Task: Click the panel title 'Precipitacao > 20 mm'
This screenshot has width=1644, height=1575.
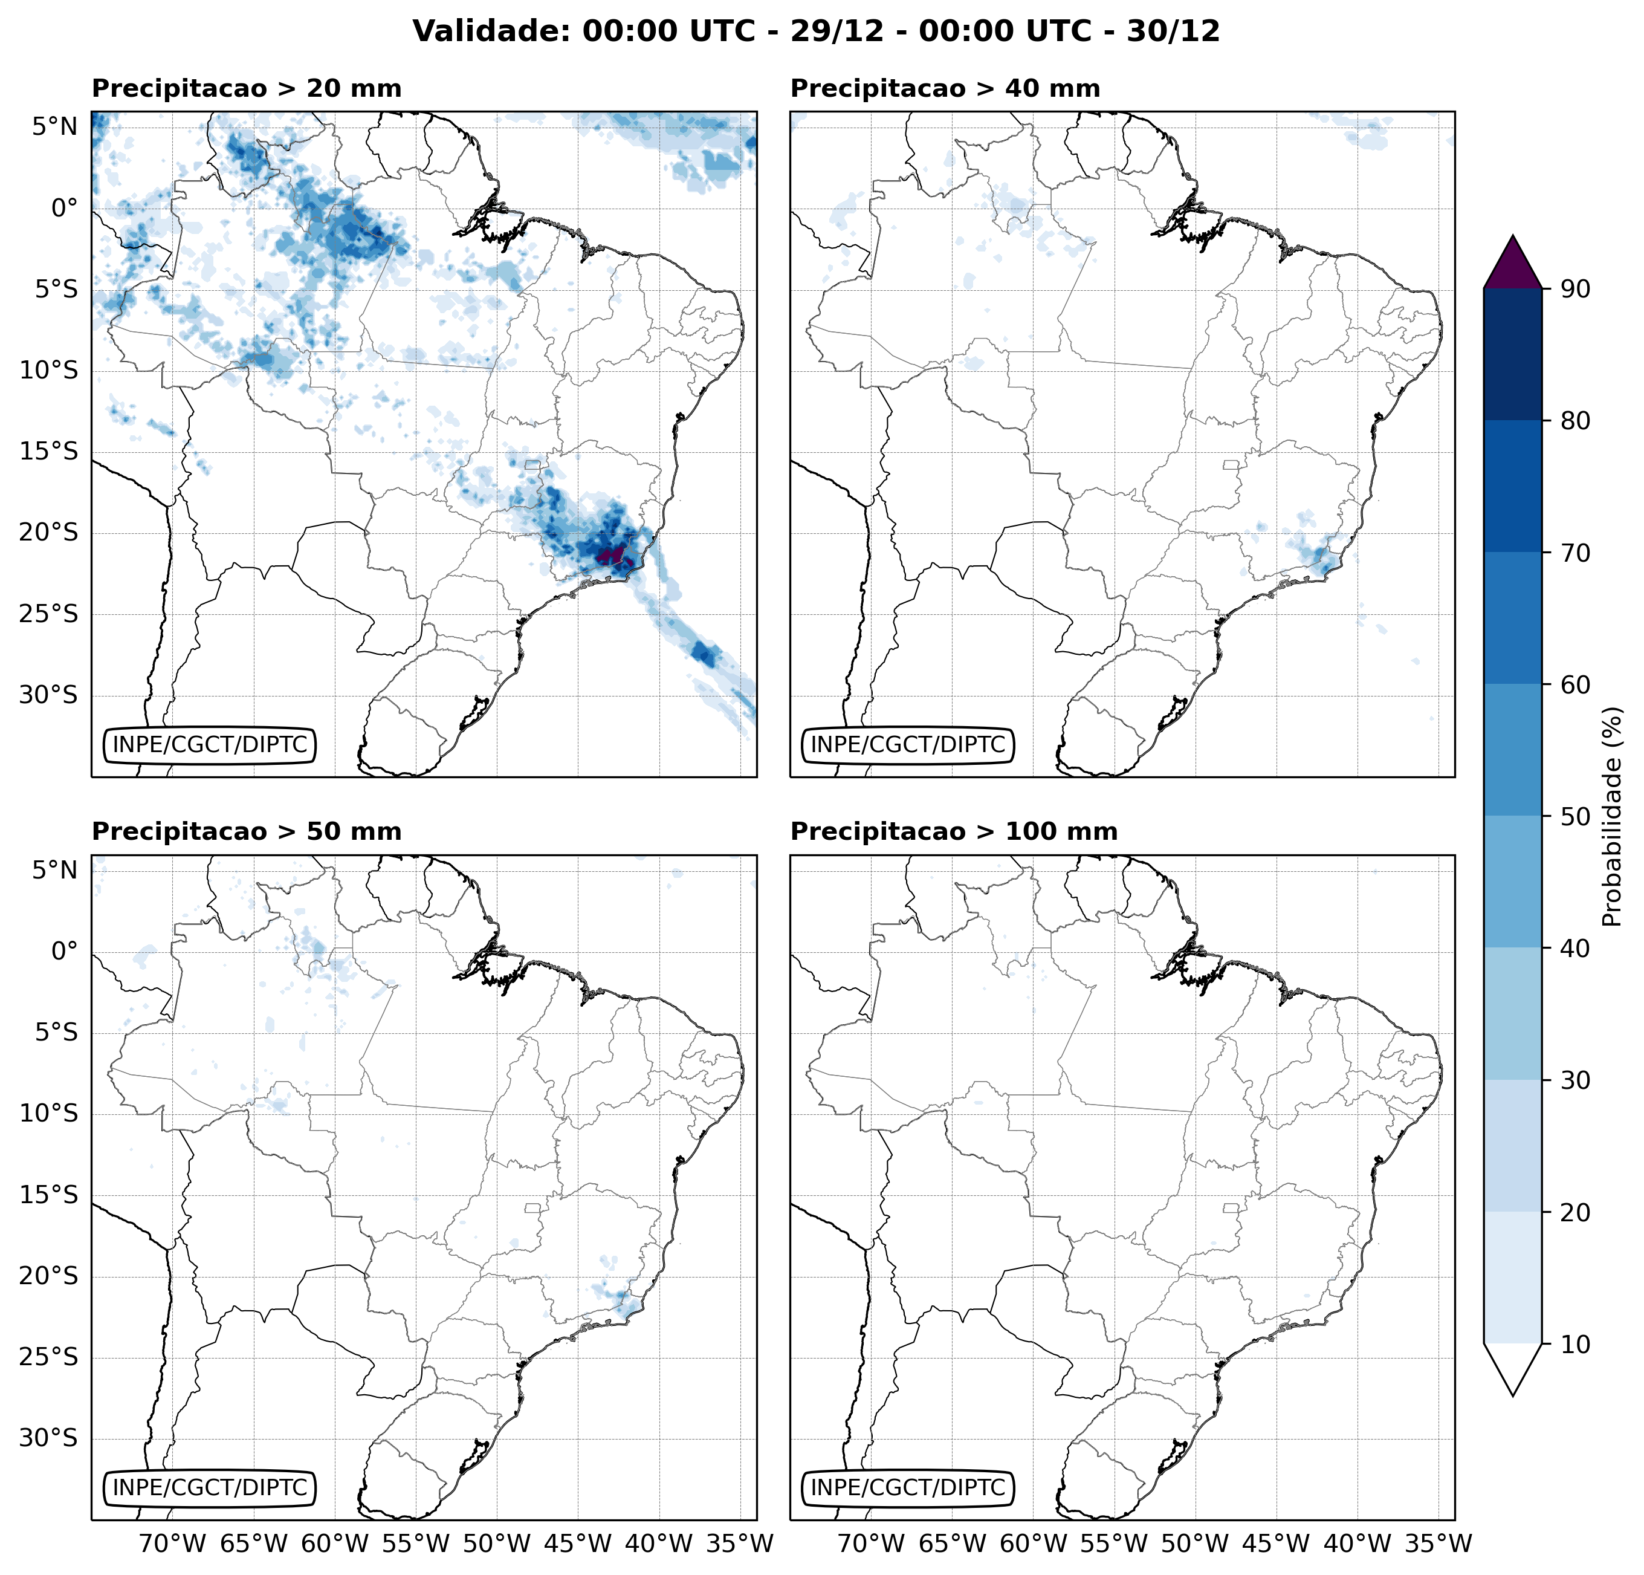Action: click(246, 88)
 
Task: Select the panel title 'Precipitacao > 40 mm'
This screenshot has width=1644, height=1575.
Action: click(945, 88)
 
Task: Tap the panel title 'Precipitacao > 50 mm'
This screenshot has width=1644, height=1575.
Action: click(246, 831)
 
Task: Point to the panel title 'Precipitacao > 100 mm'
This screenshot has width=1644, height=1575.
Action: click(954, 831)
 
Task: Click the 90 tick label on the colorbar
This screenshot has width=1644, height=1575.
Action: click(1575, 288)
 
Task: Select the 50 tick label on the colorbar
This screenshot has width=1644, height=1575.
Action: click(1575, 816)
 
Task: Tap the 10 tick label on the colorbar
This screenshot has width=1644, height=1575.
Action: click(1575, 1344)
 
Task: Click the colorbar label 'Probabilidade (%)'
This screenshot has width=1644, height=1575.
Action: click(1612, 816)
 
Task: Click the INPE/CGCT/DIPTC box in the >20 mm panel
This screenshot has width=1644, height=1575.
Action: click(210, 744)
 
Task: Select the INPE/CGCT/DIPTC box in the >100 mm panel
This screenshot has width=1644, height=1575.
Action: click(908, 1488)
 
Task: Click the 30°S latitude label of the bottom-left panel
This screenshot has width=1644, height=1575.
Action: click(48, 1439)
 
